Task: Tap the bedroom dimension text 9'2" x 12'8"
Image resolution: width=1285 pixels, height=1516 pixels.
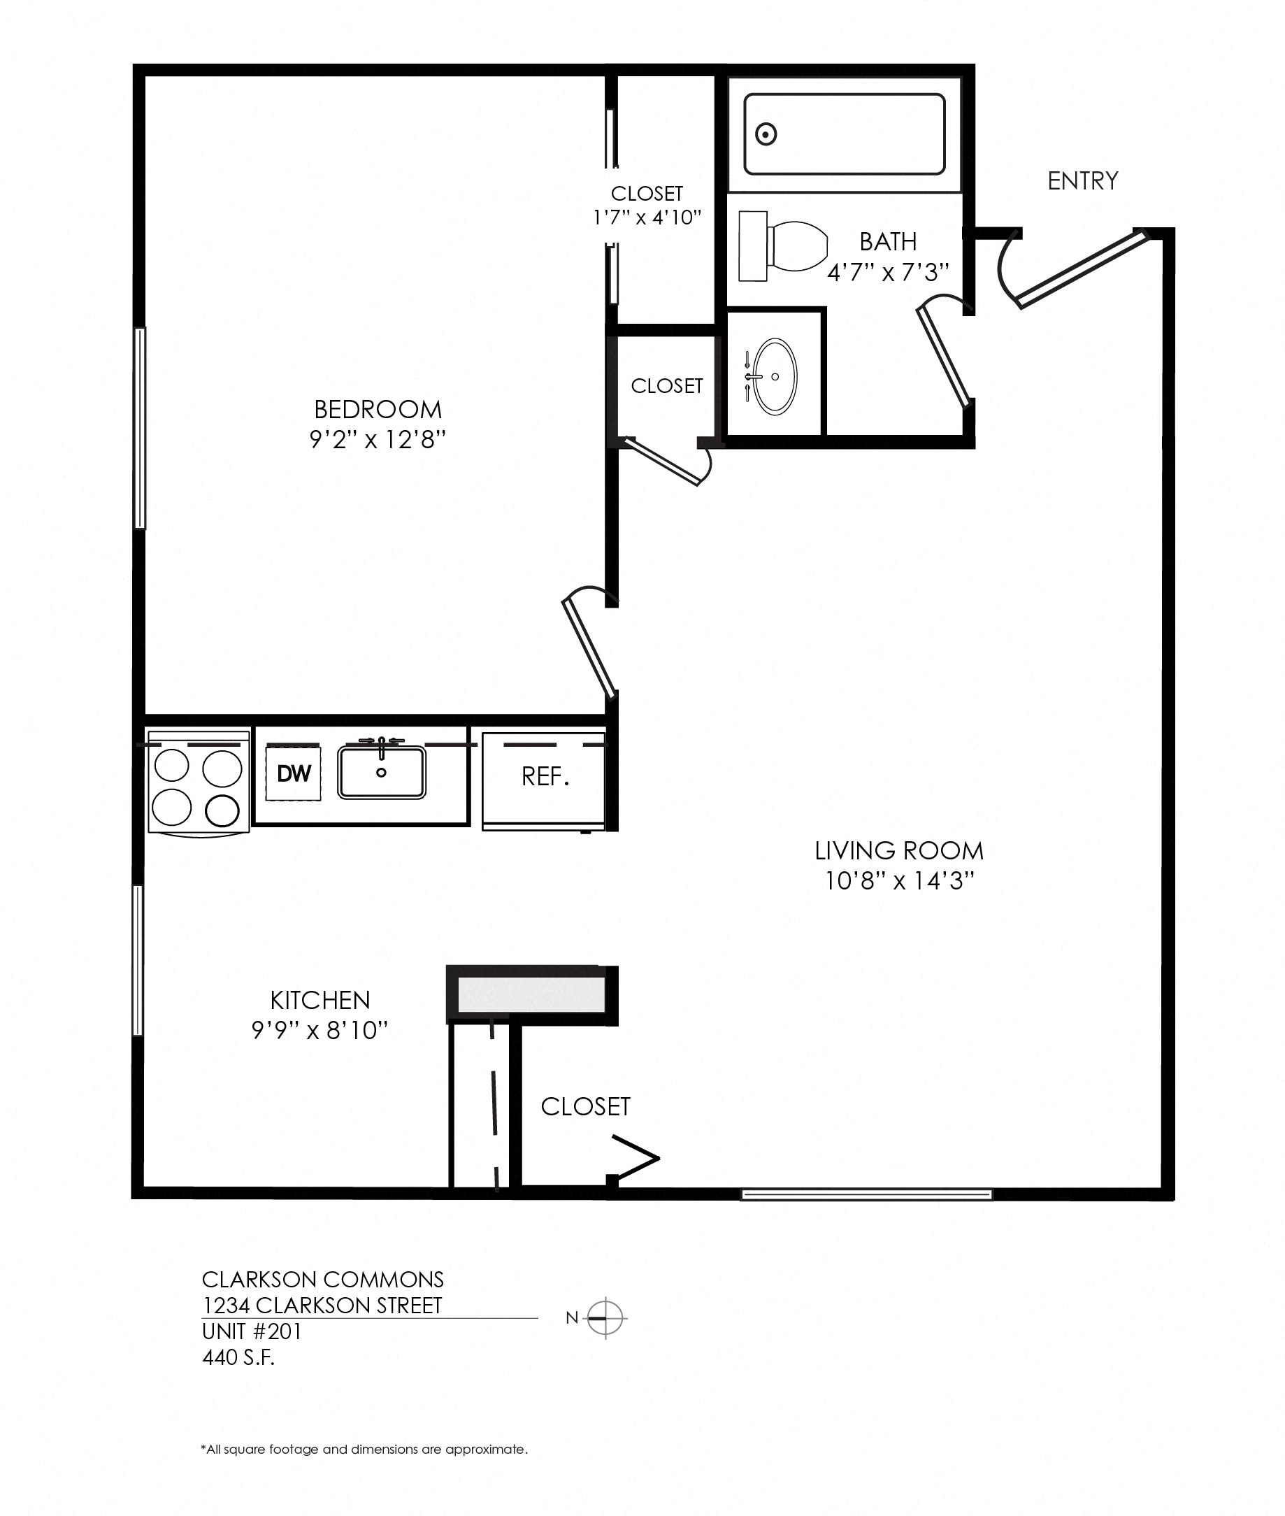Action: pos(378,440)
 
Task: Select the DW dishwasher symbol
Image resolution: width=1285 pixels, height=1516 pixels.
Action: pos(294,773)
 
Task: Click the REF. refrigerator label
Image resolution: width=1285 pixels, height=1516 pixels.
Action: pos(545,777)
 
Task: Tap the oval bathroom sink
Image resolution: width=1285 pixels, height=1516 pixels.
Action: pos(775,377)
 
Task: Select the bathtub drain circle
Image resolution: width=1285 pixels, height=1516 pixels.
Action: pos(766,134)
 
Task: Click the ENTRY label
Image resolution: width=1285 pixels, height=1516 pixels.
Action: pos(1082,180)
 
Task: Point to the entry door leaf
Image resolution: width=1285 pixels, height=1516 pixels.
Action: pos(1081,269)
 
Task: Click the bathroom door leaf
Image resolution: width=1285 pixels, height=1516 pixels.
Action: pos(945,357)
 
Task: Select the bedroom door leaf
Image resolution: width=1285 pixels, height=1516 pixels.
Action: pos(590,645)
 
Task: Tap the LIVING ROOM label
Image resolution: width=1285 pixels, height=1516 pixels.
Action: pos(899,851)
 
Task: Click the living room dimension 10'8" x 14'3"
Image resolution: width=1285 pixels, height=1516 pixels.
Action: pos(899,882)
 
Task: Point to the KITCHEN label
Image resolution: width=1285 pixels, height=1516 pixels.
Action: pos(320,1000)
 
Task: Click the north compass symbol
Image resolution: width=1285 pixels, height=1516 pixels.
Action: pos(606,1318)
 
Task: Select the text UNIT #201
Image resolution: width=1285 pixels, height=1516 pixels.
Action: pos(251,1331)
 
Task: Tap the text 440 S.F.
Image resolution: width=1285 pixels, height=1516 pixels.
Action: pos(238,1358)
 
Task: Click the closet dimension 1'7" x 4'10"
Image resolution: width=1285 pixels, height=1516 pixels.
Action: pos(647,217)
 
